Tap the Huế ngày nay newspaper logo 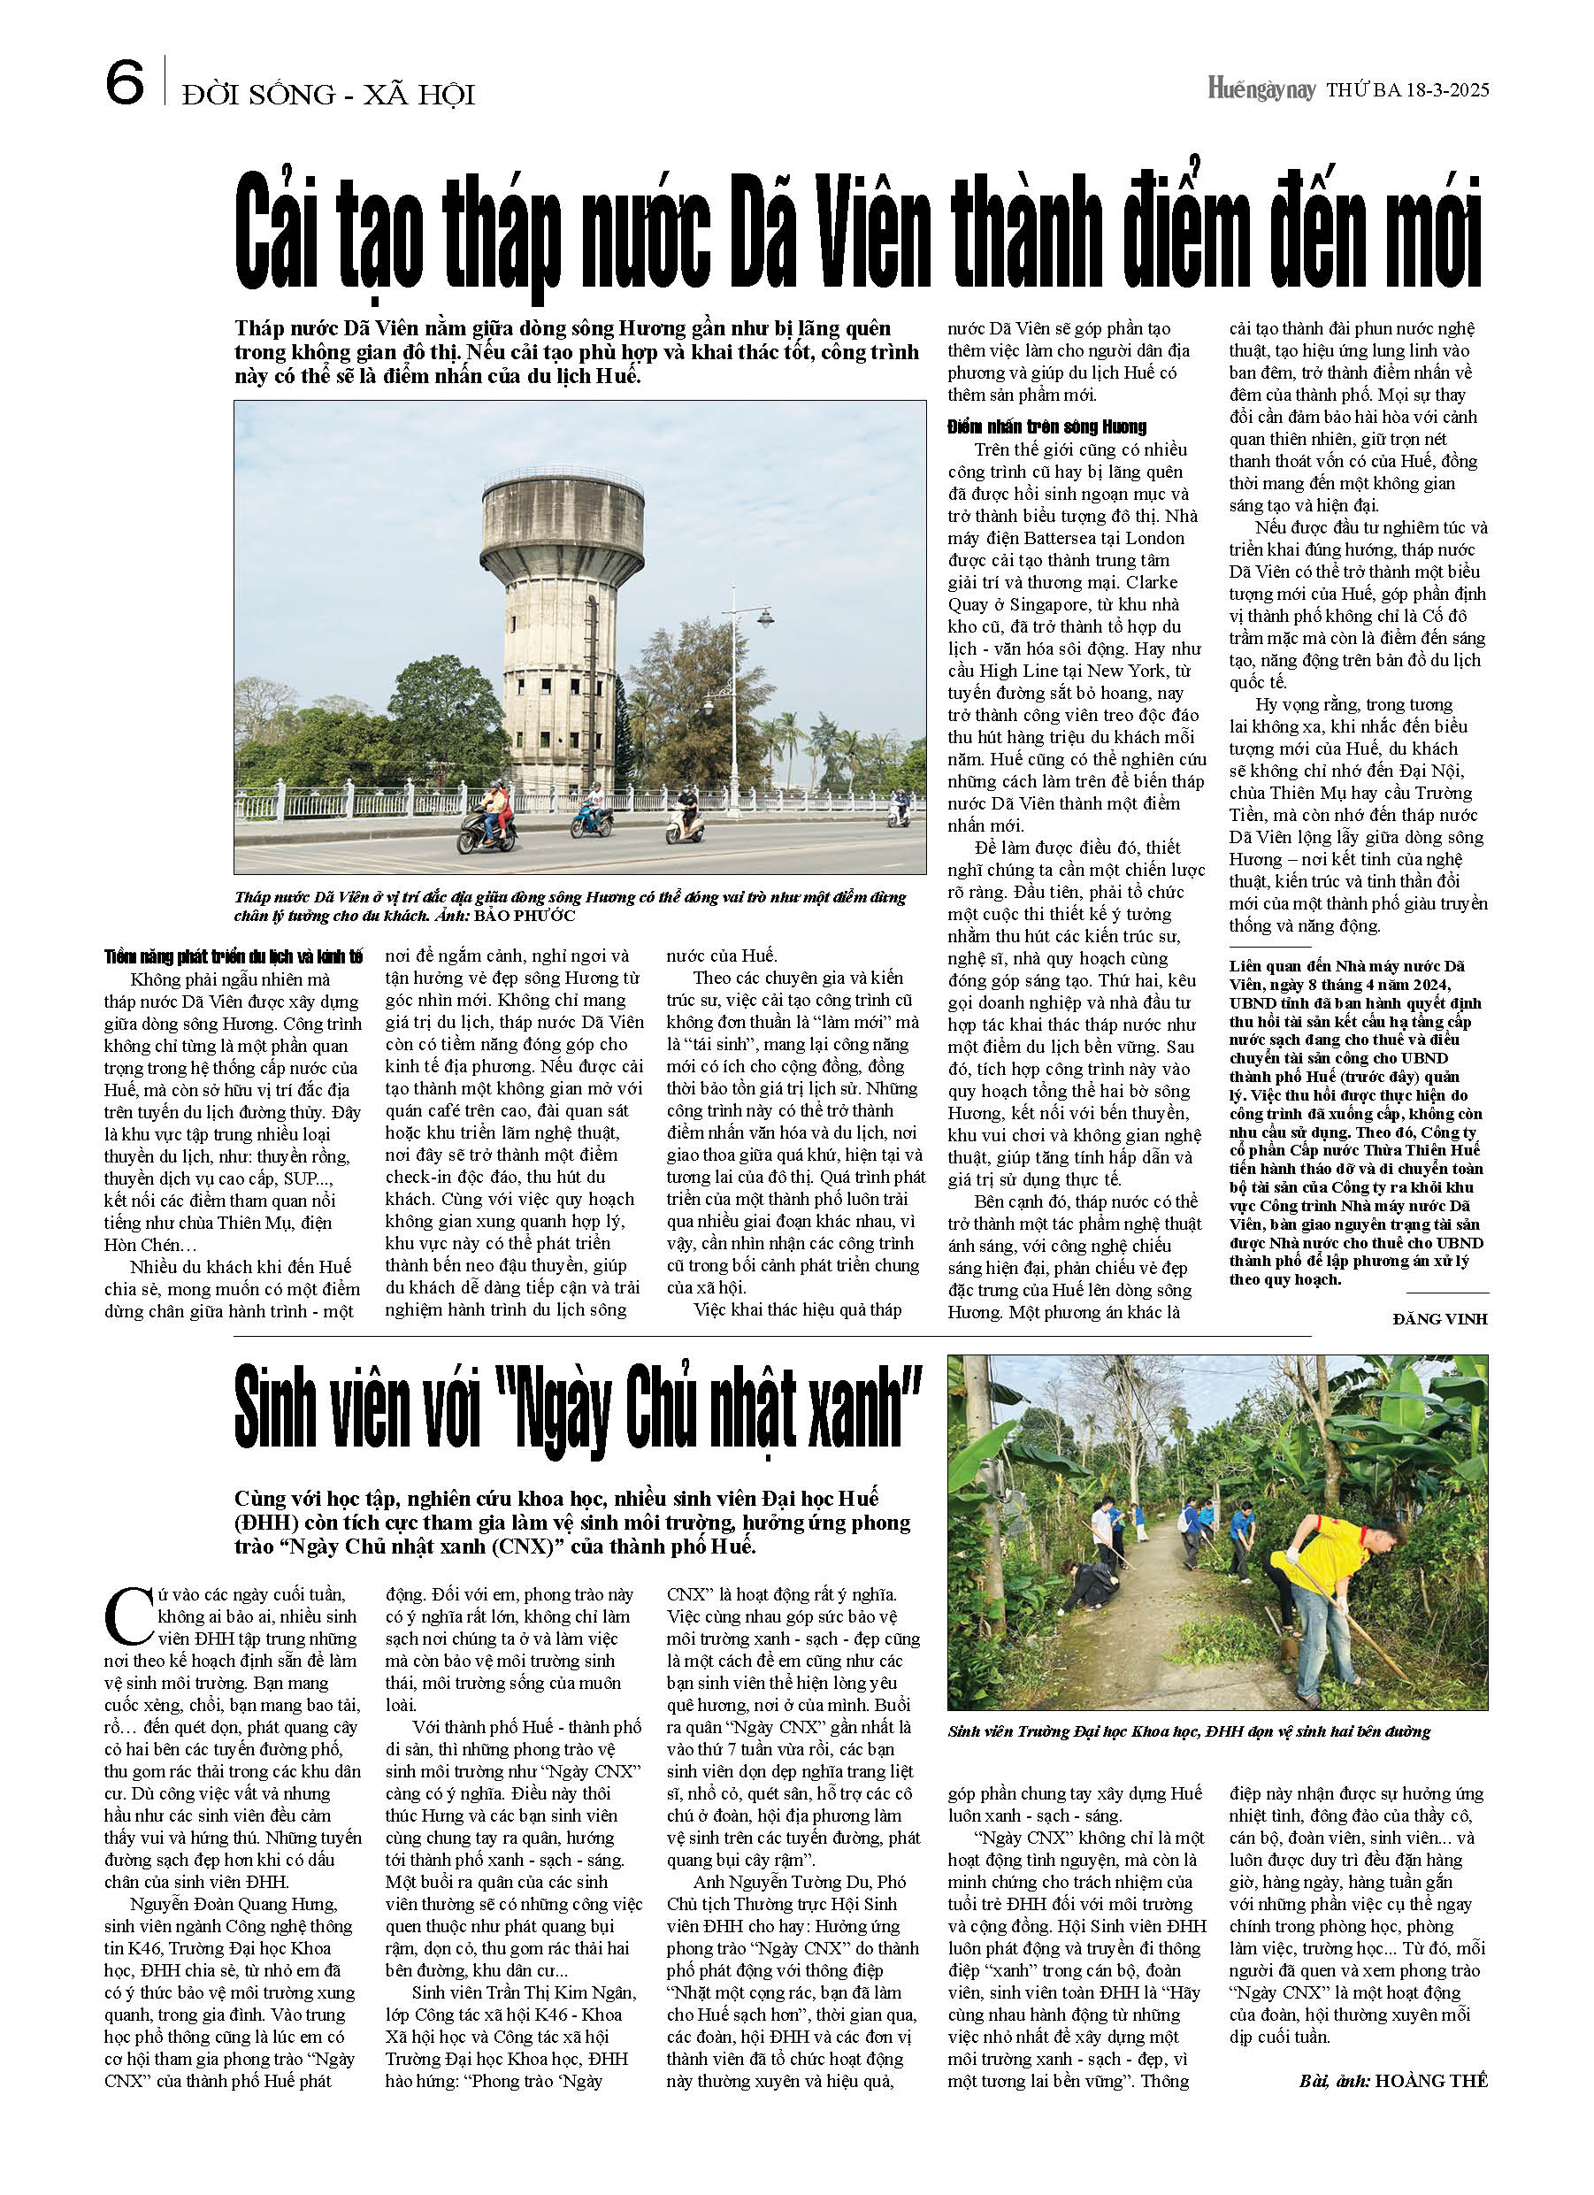click(1261, 90)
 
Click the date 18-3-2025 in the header click(1448, 91)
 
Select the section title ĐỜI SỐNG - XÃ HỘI click(328, 95)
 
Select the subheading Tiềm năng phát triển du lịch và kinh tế click(234, 956)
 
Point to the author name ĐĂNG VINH click(1439, 1319)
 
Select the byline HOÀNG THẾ click(1430, 2080)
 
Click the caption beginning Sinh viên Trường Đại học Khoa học click(1189, 1731)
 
